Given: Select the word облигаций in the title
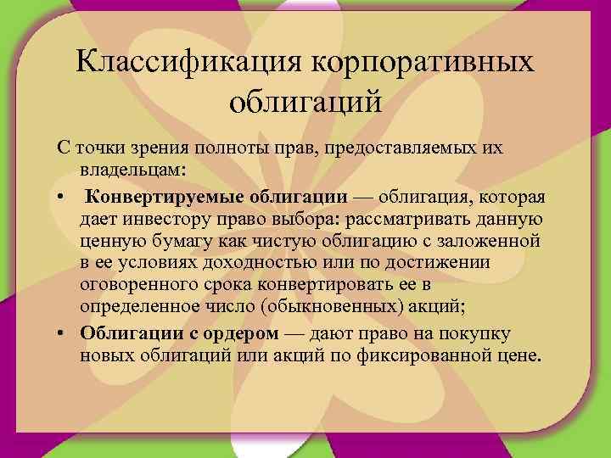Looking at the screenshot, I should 306,104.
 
